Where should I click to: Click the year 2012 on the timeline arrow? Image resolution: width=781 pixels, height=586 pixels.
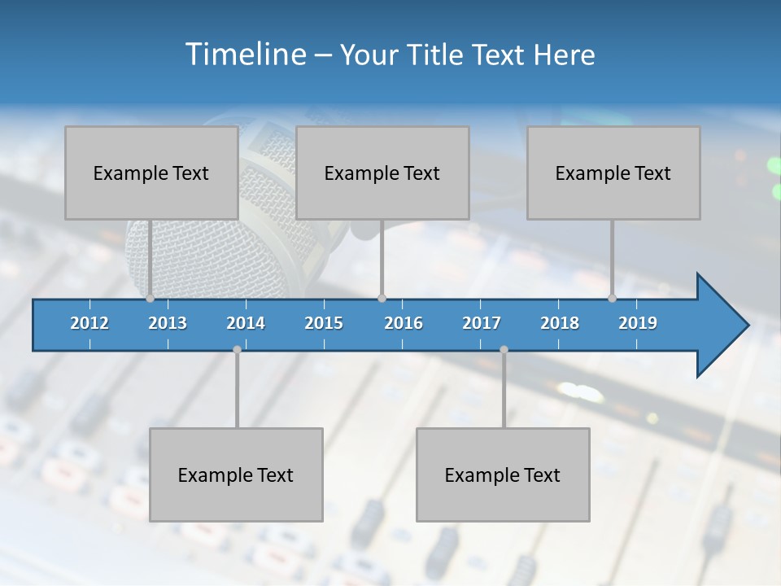(89, 323)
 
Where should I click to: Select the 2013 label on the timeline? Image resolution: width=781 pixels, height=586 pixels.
(168, 323)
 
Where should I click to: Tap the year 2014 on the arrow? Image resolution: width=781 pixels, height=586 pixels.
(246, 323)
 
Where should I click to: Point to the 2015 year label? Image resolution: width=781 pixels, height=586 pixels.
(324, 323)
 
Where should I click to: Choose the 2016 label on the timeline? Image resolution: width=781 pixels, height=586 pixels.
(404, 323)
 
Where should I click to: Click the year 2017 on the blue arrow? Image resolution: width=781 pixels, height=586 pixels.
(482, 323)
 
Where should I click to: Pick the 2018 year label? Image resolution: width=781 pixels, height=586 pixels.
(560, 323)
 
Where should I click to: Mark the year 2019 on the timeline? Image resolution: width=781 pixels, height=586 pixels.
(638, 323)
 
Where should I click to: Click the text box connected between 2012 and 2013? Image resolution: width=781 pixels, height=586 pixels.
(151, 173)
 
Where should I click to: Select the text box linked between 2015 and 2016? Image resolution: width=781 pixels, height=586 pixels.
(382, 173)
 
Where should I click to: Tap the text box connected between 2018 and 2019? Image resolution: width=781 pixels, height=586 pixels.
(613, 173)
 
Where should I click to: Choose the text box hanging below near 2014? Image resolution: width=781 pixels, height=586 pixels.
(236, 474)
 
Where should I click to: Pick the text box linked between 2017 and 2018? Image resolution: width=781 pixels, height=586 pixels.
(503, 474)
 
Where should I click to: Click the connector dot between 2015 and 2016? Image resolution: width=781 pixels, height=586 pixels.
(382, 299)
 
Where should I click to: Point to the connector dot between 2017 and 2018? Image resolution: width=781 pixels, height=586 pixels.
(504, 349)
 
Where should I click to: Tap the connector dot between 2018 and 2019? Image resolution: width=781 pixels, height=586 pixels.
(613, 299)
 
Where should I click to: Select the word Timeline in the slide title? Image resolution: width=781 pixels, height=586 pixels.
(246, 55)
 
